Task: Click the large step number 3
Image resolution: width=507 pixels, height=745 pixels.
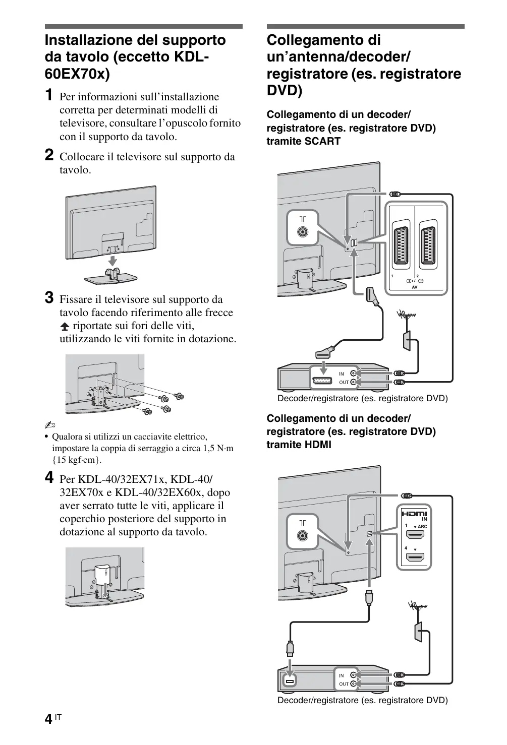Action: click(x=49, y=298)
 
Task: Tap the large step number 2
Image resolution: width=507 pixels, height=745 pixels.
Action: click(x=49, y=155)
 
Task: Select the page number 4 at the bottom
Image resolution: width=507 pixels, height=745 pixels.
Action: click(x=48, y=719)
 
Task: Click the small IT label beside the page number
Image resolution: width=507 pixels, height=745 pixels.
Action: click(x=58, y=716)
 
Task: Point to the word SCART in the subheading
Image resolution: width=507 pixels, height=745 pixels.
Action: click(x=322, y=141)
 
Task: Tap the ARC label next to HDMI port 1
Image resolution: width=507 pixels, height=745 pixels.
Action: click(x=422, y=527)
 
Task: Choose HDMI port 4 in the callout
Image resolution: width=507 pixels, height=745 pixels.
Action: click(x=415, y=557)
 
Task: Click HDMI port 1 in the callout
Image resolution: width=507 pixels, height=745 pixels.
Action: click(x=415, y=536)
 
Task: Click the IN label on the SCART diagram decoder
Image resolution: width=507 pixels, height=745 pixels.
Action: click(x=342, y=374)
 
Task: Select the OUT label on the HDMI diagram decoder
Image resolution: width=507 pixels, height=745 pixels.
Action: click(x=344, y=684)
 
